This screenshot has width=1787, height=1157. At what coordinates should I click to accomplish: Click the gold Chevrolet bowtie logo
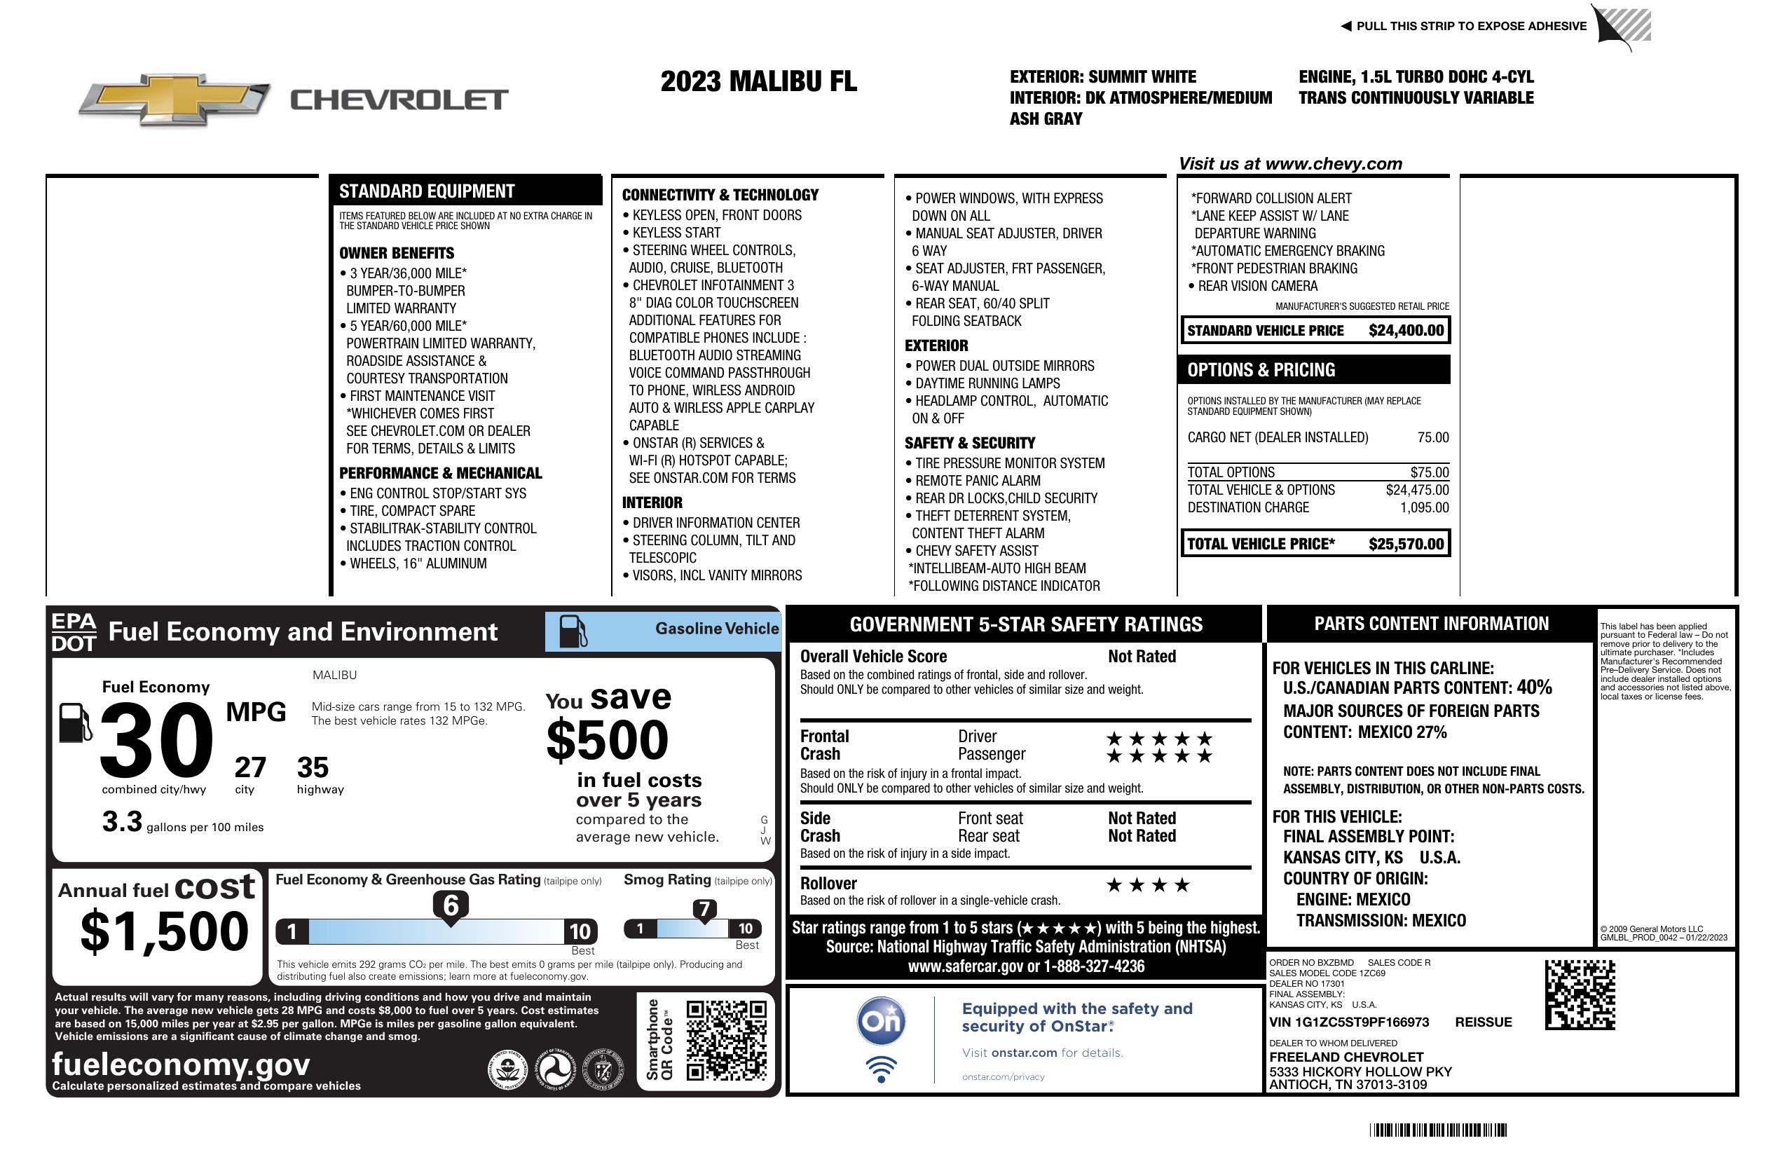coord(174,98)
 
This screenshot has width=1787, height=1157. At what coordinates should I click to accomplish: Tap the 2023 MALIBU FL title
coord(758,81)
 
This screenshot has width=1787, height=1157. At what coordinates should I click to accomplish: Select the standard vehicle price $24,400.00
coord(1406,330)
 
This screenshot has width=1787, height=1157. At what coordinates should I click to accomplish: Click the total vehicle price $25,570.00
coord(1406,544)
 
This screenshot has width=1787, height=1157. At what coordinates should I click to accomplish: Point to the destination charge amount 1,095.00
coord(1423,507)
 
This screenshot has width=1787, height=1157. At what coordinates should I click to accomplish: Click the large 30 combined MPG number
coord(156,739)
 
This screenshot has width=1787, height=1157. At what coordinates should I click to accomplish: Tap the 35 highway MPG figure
coord(313,767)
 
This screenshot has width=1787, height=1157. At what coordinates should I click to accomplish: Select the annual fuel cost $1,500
coord(165,931)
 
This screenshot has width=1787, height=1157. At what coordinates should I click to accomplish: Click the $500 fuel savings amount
coord(608,740)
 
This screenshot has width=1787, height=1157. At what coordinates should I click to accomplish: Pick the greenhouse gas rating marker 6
coord(451,905)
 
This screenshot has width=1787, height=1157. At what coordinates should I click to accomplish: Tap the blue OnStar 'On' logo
coord(881,1021)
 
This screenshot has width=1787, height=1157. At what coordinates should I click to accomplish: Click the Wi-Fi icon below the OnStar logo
coord(881,1069)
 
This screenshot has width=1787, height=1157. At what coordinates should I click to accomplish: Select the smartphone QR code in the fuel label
coord(726,1040)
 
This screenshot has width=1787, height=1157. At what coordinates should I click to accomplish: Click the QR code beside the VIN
coord(1580,994)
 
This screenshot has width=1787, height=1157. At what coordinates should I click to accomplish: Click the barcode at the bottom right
coord(1438,1130)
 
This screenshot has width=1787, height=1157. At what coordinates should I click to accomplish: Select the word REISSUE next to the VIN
coord(1483,1022)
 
